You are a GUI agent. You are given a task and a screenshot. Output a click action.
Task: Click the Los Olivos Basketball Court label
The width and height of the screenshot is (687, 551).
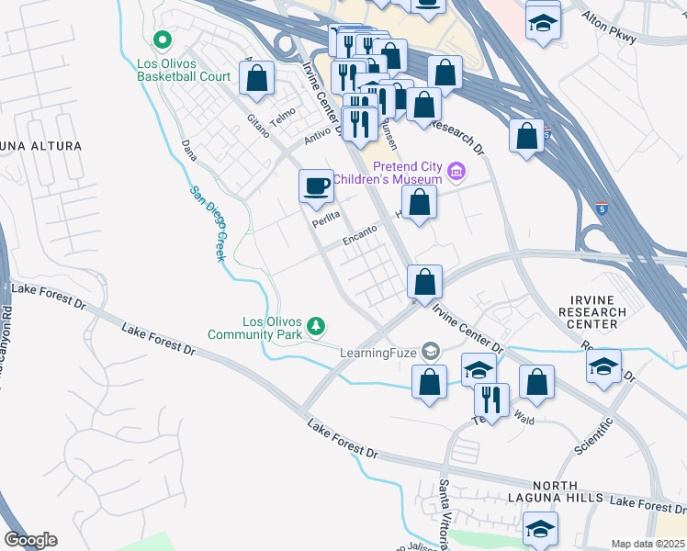[184, 70]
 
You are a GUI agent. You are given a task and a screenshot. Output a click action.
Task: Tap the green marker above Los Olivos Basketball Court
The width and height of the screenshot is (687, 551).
[163, 39]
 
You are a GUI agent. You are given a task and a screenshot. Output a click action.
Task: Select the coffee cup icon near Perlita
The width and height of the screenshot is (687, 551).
[316, 186]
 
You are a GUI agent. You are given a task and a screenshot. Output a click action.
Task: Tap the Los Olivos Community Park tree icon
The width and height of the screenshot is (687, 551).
[316, 326]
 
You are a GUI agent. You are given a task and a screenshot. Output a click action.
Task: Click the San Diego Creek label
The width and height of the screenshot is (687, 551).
[208, 224]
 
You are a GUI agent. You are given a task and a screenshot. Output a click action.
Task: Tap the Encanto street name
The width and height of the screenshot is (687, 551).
[360, 234]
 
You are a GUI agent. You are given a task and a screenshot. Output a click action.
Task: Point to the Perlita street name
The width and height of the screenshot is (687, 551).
[325, 218]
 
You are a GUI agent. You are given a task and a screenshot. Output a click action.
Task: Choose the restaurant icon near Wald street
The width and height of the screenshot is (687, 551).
[491, 399]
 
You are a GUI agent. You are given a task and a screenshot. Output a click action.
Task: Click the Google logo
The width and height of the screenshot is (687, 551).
[30, 540]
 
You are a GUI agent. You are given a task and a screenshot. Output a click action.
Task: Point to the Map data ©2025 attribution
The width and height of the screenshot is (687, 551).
[648, 544]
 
